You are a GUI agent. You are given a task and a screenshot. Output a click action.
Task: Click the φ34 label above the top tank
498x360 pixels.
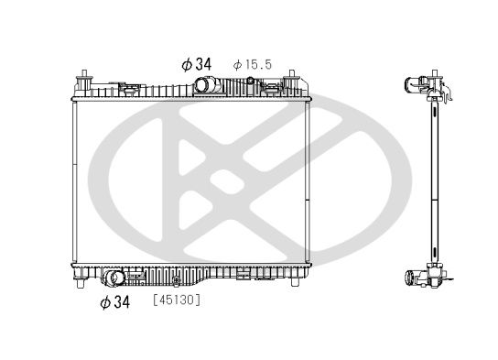(x=196, y=64)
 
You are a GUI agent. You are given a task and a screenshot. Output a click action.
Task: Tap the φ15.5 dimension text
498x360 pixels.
(x=253, y=65)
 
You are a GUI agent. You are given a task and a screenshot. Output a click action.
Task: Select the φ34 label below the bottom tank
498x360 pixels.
(x=115, y=302)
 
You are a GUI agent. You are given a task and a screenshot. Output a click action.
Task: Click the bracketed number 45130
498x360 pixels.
(x=177, y=300)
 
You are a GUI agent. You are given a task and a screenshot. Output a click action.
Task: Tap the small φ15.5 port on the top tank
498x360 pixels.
(x=251, y=80)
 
